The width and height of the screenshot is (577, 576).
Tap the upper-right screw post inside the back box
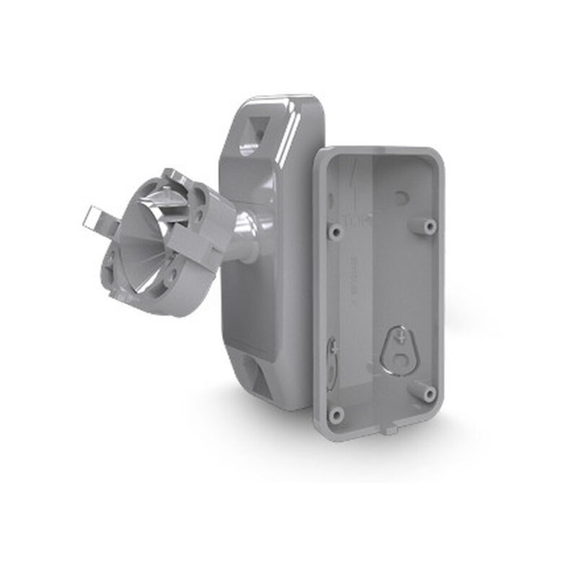point(430,226)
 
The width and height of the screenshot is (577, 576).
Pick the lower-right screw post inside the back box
point(430,393)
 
